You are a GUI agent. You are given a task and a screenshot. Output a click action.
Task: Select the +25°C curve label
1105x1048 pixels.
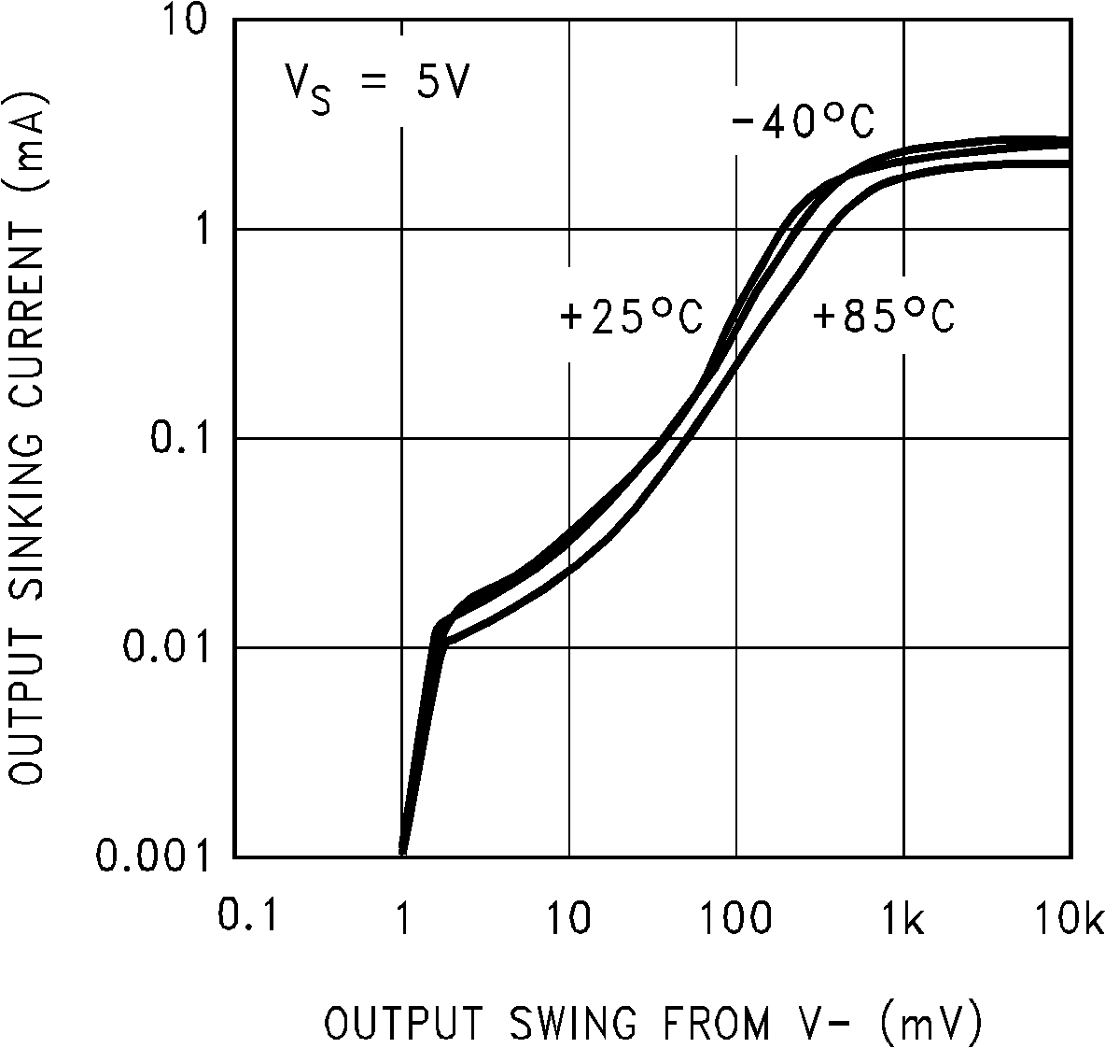click(630, 318)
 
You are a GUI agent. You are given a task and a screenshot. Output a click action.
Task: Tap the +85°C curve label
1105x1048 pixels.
click(883, 318)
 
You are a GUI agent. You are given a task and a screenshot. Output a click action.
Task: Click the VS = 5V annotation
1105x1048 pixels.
click(376, 84)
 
